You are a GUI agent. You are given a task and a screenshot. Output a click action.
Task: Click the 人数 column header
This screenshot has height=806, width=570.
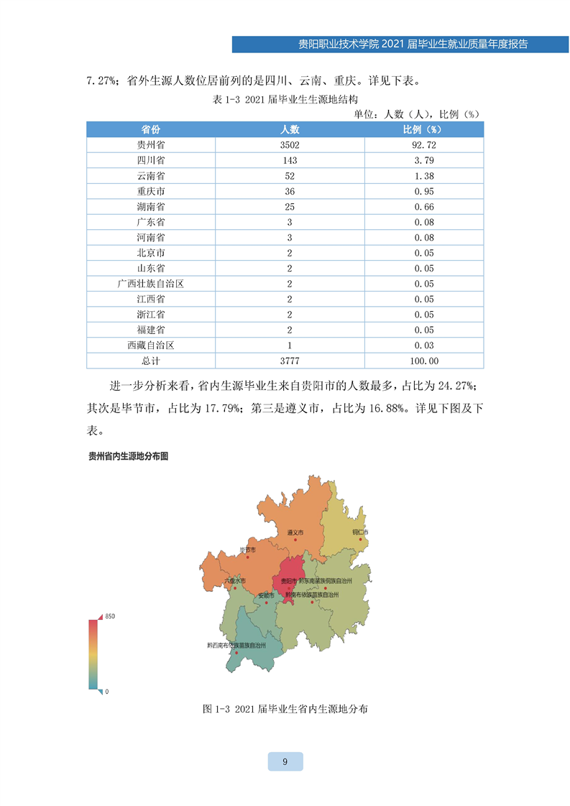(290, 129)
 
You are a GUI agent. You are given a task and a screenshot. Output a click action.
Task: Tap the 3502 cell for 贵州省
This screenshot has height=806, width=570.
(290, 144)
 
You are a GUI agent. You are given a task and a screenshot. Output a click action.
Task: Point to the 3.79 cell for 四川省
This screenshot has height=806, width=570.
(424, 160)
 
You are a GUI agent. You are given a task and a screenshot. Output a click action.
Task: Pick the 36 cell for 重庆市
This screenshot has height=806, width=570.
(290, 191)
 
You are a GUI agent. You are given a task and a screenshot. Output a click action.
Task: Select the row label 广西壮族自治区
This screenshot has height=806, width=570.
(151, 284)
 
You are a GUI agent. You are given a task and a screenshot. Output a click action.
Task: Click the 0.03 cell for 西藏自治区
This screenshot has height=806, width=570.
(424, 346)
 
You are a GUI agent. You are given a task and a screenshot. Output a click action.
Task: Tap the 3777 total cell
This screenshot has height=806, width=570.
(290, 361)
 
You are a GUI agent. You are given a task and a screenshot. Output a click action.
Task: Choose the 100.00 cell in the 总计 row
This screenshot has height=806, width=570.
(424, 361)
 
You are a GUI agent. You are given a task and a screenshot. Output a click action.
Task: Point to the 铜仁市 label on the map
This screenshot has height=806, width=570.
(359, 532)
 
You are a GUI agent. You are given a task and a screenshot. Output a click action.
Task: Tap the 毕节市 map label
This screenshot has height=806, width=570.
(247, 550)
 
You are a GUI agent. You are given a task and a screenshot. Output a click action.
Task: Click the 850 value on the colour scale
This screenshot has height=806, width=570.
(110, 617)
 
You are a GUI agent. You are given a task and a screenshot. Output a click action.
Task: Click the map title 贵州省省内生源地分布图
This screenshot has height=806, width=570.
(127, 456)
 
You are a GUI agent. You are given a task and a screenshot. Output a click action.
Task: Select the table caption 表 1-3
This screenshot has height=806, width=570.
(285, 100)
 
